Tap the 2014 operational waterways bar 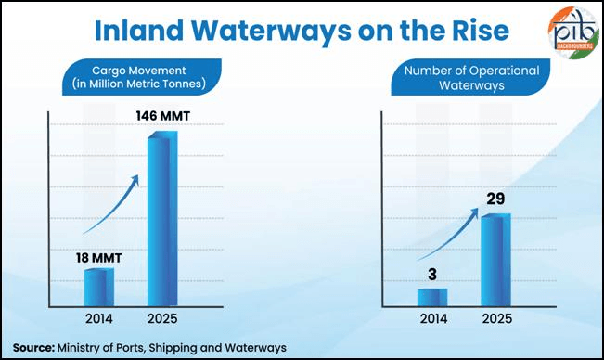click(x=432, y=297)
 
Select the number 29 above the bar click(x=495, y=199)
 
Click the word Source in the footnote click(x=32, y=346)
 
